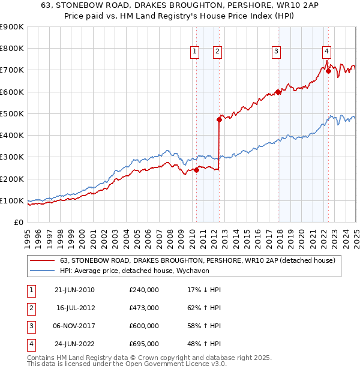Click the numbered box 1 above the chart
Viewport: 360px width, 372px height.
point(196,52)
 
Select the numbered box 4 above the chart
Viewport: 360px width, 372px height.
point(326,52)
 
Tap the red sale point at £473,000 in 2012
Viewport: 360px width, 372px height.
point(219,119)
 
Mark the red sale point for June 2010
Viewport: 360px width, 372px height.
point(196,170)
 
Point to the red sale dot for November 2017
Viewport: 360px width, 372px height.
point(278,92)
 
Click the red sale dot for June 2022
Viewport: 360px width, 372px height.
point(328,71)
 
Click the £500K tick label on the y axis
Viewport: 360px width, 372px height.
point(11,113)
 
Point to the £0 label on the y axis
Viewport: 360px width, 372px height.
point(18,222)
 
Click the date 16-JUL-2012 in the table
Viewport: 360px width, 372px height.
point(75,308)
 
